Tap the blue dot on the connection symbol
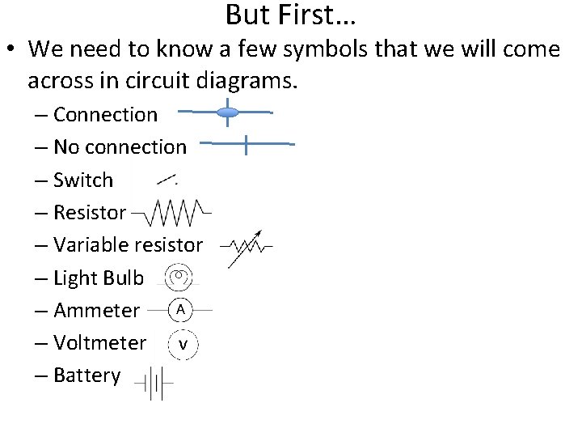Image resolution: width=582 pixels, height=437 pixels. click(229, 112)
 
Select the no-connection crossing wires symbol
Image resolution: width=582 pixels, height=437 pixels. click(246, 144)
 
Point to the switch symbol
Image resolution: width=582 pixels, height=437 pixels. click(167, 178)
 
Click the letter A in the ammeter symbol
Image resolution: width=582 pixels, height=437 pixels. click(181, 309)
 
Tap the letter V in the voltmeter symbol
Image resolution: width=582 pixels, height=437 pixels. click(183, 344)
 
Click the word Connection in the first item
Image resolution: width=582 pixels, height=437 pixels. click(105, 115)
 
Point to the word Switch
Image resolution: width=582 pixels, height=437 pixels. click(83, 180)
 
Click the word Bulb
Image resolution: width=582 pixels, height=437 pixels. click(124, 278)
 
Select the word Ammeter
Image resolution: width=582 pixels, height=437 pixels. click(96, 311)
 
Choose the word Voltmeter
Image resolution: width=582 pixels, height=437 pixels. click(99, 343)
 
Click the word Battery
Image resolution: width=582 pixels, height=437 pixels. click(86, 375)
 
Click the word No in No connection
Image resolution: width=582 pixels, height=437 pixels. click(65, 147)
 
